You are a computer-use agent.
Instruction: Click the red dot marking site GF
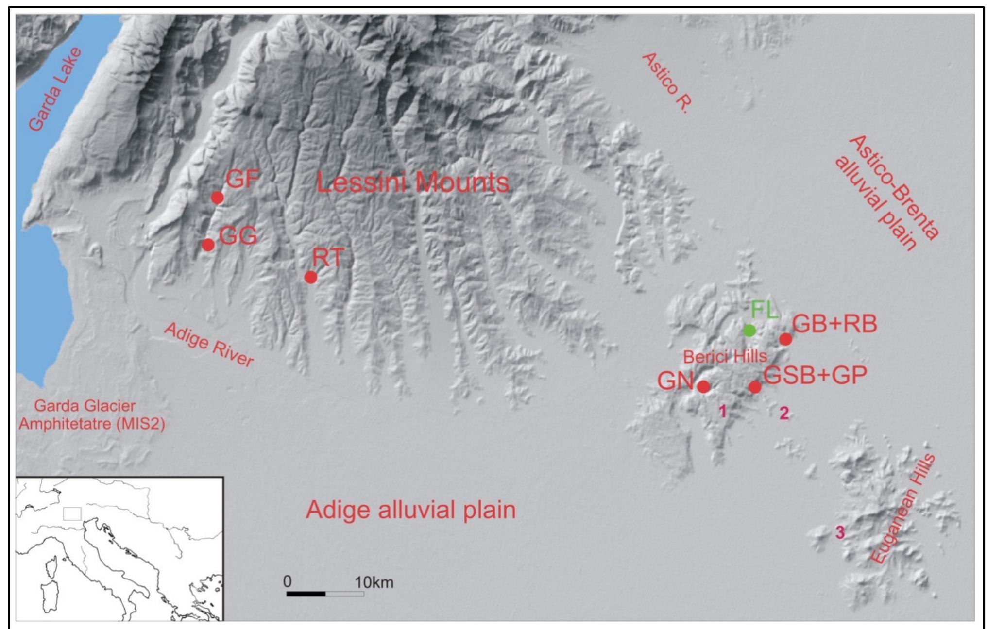point(217,198)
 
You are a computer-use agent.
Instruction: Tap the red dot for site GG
point(208,245)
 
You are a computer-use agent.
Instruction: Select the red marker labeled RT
point(311,277)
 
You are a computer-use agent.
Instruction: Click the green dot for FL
point(749,331)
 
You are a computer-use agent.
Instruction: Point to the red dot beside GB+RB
point(785,339)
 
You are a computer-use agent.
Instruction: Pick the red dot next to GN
point(703,387)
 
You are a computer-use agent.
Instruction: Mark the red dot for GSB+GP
point(754,387)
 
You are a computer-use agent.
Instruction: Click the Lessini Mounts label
point(412,183)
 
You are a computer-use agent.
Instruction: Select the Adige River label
point(209,345)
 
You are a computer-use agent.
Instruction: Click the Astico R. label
point(666,83)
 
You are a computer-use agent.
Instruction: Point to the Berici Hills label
point(725,357)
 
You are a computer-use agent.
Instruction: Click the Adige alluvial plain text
point(410,510)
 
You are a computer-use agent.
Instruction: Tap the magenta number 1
point(722,412)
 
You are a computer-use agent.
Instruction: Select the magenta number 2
point(784,413)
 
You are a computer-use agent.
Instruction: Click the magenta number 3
point(840,532)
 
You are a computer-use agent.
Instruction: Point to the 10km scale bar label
point(374,582)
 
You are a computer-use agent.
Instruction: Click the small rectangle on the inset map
point(72,514)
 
